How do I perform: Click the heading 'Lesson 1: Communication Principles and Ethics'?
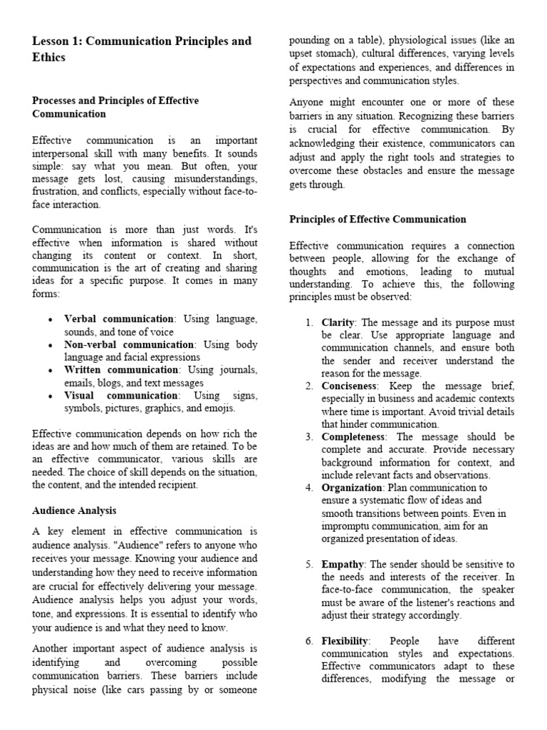tap(142, 48)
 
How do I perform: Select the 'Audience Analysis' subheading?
tap(74, 510)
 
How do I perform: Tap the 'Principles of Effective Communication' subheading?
tap(377, 219)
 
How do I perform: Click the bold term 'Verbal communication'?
tap(118, 319)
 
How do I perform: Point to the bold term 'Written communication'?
tap(120, 370)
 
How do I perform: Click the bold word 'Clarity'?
tap(338, 322)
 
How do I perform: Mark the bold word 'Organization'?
tap(352, 488)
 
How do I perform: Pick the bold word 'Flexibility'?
tap(343, 641)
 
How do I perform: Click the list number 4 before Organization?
tap(309, 488)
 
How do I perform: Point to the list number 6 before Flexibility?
tap(309, 641)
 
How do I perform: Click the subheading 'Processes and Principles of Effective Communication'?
tap(115, 107)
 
